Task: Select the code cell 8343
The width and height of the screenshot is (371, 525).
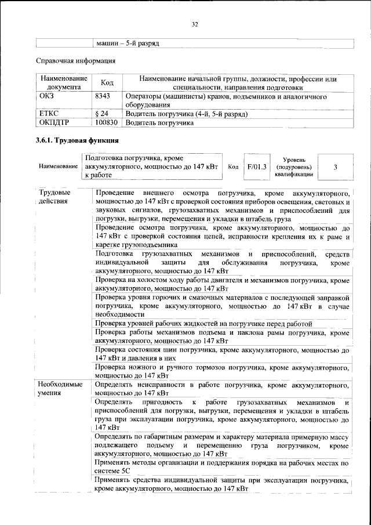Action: pos(103,95)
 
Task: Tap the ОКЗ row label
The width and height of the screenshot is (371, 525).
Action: pos(46,95)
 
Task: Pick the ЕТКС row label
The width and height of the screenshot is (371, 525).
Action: pos(48,114)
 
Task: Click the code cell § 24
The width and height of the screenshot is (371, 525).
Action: pos(102,114)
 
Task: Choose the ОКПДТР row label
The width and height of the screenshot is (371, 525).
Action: pos(52,124)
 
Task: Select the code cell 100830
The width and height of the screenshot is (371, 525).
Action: pos(106,124)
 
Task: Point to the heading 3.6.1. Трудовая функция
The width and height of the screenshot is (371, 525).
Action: pos(78,142)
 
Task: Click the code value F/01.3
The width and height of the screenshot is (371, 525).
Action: pos(256,166)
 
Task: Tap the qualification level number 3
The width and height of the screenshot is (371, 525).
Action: pos(336,167)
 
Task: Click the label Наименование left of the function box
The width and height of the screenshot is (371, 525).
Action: pos(59,166)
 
